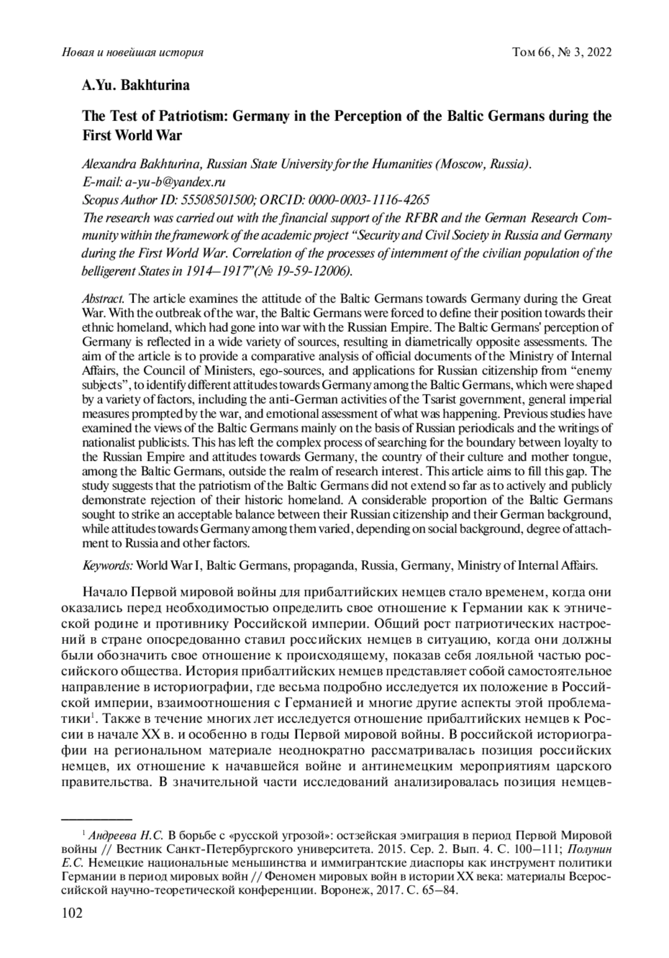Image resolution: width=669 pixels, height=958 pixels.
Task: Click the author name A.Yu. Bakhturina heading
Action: coord(136,86)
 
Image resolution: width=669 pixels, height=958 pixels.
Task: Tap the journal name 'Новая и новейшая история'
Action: coord(132,52)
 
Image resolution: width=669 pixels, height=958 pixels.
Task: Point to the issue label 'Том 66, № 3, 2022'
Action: coord(561,52)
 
